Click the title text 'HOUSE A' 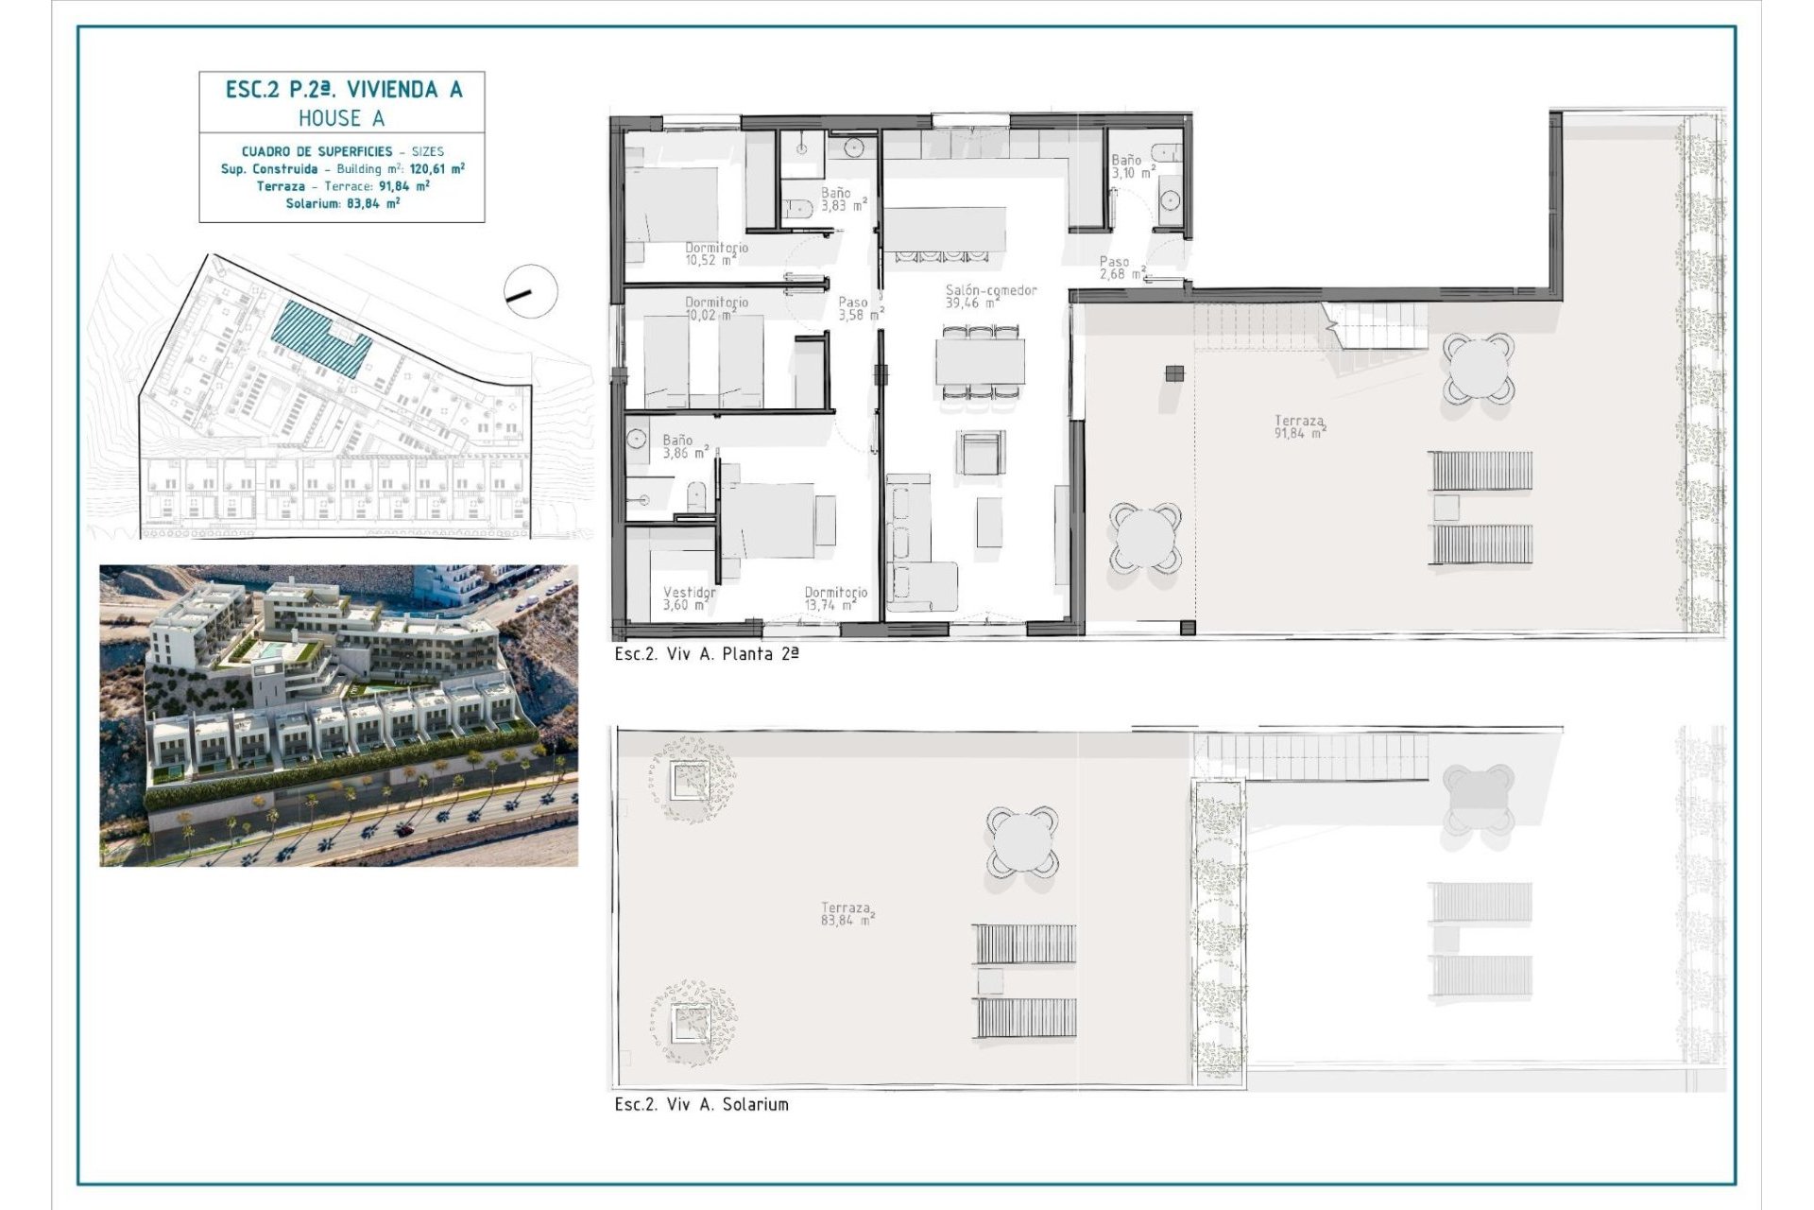(341, 118)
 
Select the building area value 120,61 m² (436, 169)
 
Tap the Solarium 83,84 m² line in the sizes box (342, 203)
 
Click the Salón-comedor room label (990, 296)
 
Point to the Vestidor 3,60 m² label (689, 598)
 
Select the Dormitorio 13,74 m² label (835, 598)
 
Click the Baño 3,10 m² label (1132, 166)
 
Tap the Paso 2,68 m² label (1121, 268)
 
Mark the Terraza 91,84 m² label (1299, 426)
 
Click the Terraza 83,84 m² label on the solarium (847, 913)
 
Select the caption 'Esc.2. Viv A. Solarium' (701, 1104)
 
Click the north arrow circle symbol (531, 292)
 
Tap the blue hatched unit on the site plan (321, 340)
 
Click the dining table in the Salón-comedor (980, 360)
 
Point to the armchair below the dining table (980, 453)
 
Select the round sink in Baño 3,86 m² (637, 439)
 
